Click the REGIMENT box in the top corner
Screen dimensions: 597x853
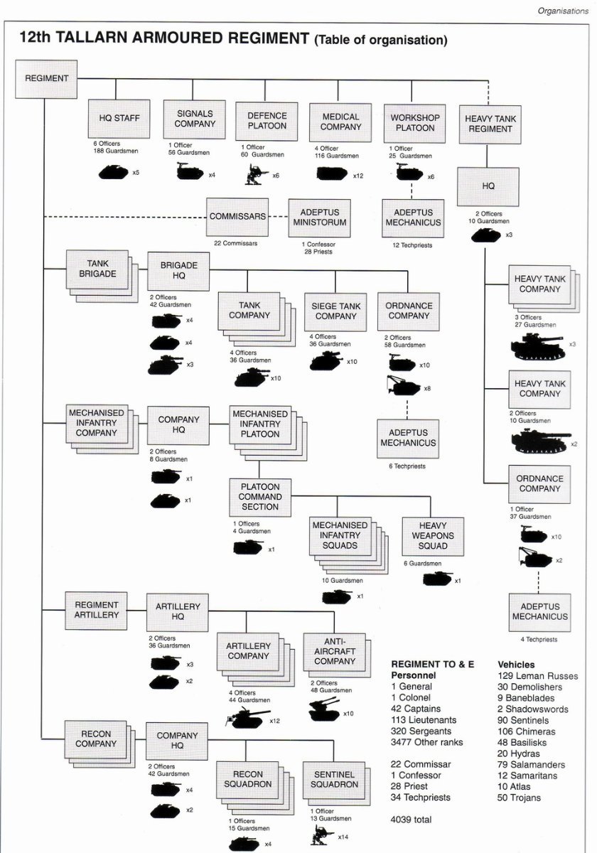point(46,79)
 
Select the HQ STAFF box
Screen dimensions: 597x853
point(119,119)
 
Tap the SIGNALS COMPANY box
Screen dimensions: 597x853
point(194,119)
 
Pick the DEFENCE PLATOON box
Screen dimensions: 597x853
point(266,121)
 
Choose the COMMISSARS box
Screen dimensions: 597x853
point(237,217)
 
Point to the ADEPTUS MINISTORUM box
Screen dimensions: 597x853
point(319,218)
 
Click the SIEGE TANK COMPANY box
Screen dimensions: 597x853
point(335,311)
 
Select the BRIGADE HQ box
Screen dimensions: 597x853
point(178,271)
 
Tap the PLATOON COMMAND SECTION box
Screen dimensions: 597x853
point(260,497)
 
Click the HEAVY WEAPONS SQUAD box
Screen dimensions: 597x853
point(433,536)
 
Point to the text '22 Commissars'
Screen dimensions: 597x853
point(235,243)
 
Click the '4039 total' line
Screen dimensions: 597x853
point(411,820)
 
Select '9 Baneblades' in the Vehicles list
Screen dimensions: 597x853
point(526,698)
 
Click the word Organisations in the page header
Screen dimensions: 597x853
point(563,11)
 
